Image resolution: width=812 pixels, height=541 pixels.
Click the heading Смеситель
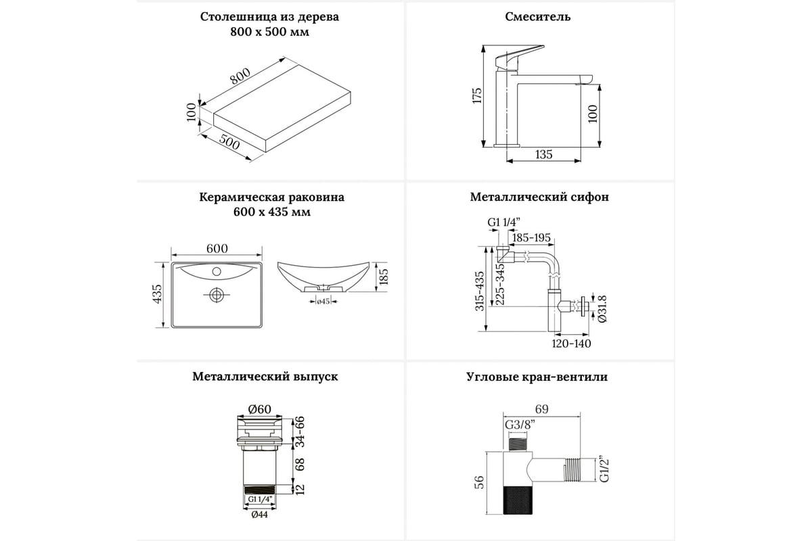tap(537, 17)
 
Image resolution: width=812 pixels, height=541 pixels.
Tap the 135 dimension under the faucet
tap(543, 155)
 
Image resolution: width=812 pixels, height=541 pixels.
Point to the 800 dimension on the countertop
tap(240, 78)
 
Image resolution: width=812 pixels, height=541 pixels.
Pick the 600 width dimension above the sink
tap(217, 248)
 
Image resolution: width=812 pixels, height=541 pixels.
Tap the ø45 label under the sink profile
tap(323, 302)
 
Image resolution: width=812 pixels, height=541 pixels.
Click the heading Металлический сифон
tap(539, 197)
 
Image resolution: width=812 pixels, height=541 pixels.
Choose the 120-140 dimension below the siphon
tap(570, 344)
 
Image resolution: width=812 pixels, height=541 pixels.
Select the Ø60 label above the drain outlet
tap(259, 408)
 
